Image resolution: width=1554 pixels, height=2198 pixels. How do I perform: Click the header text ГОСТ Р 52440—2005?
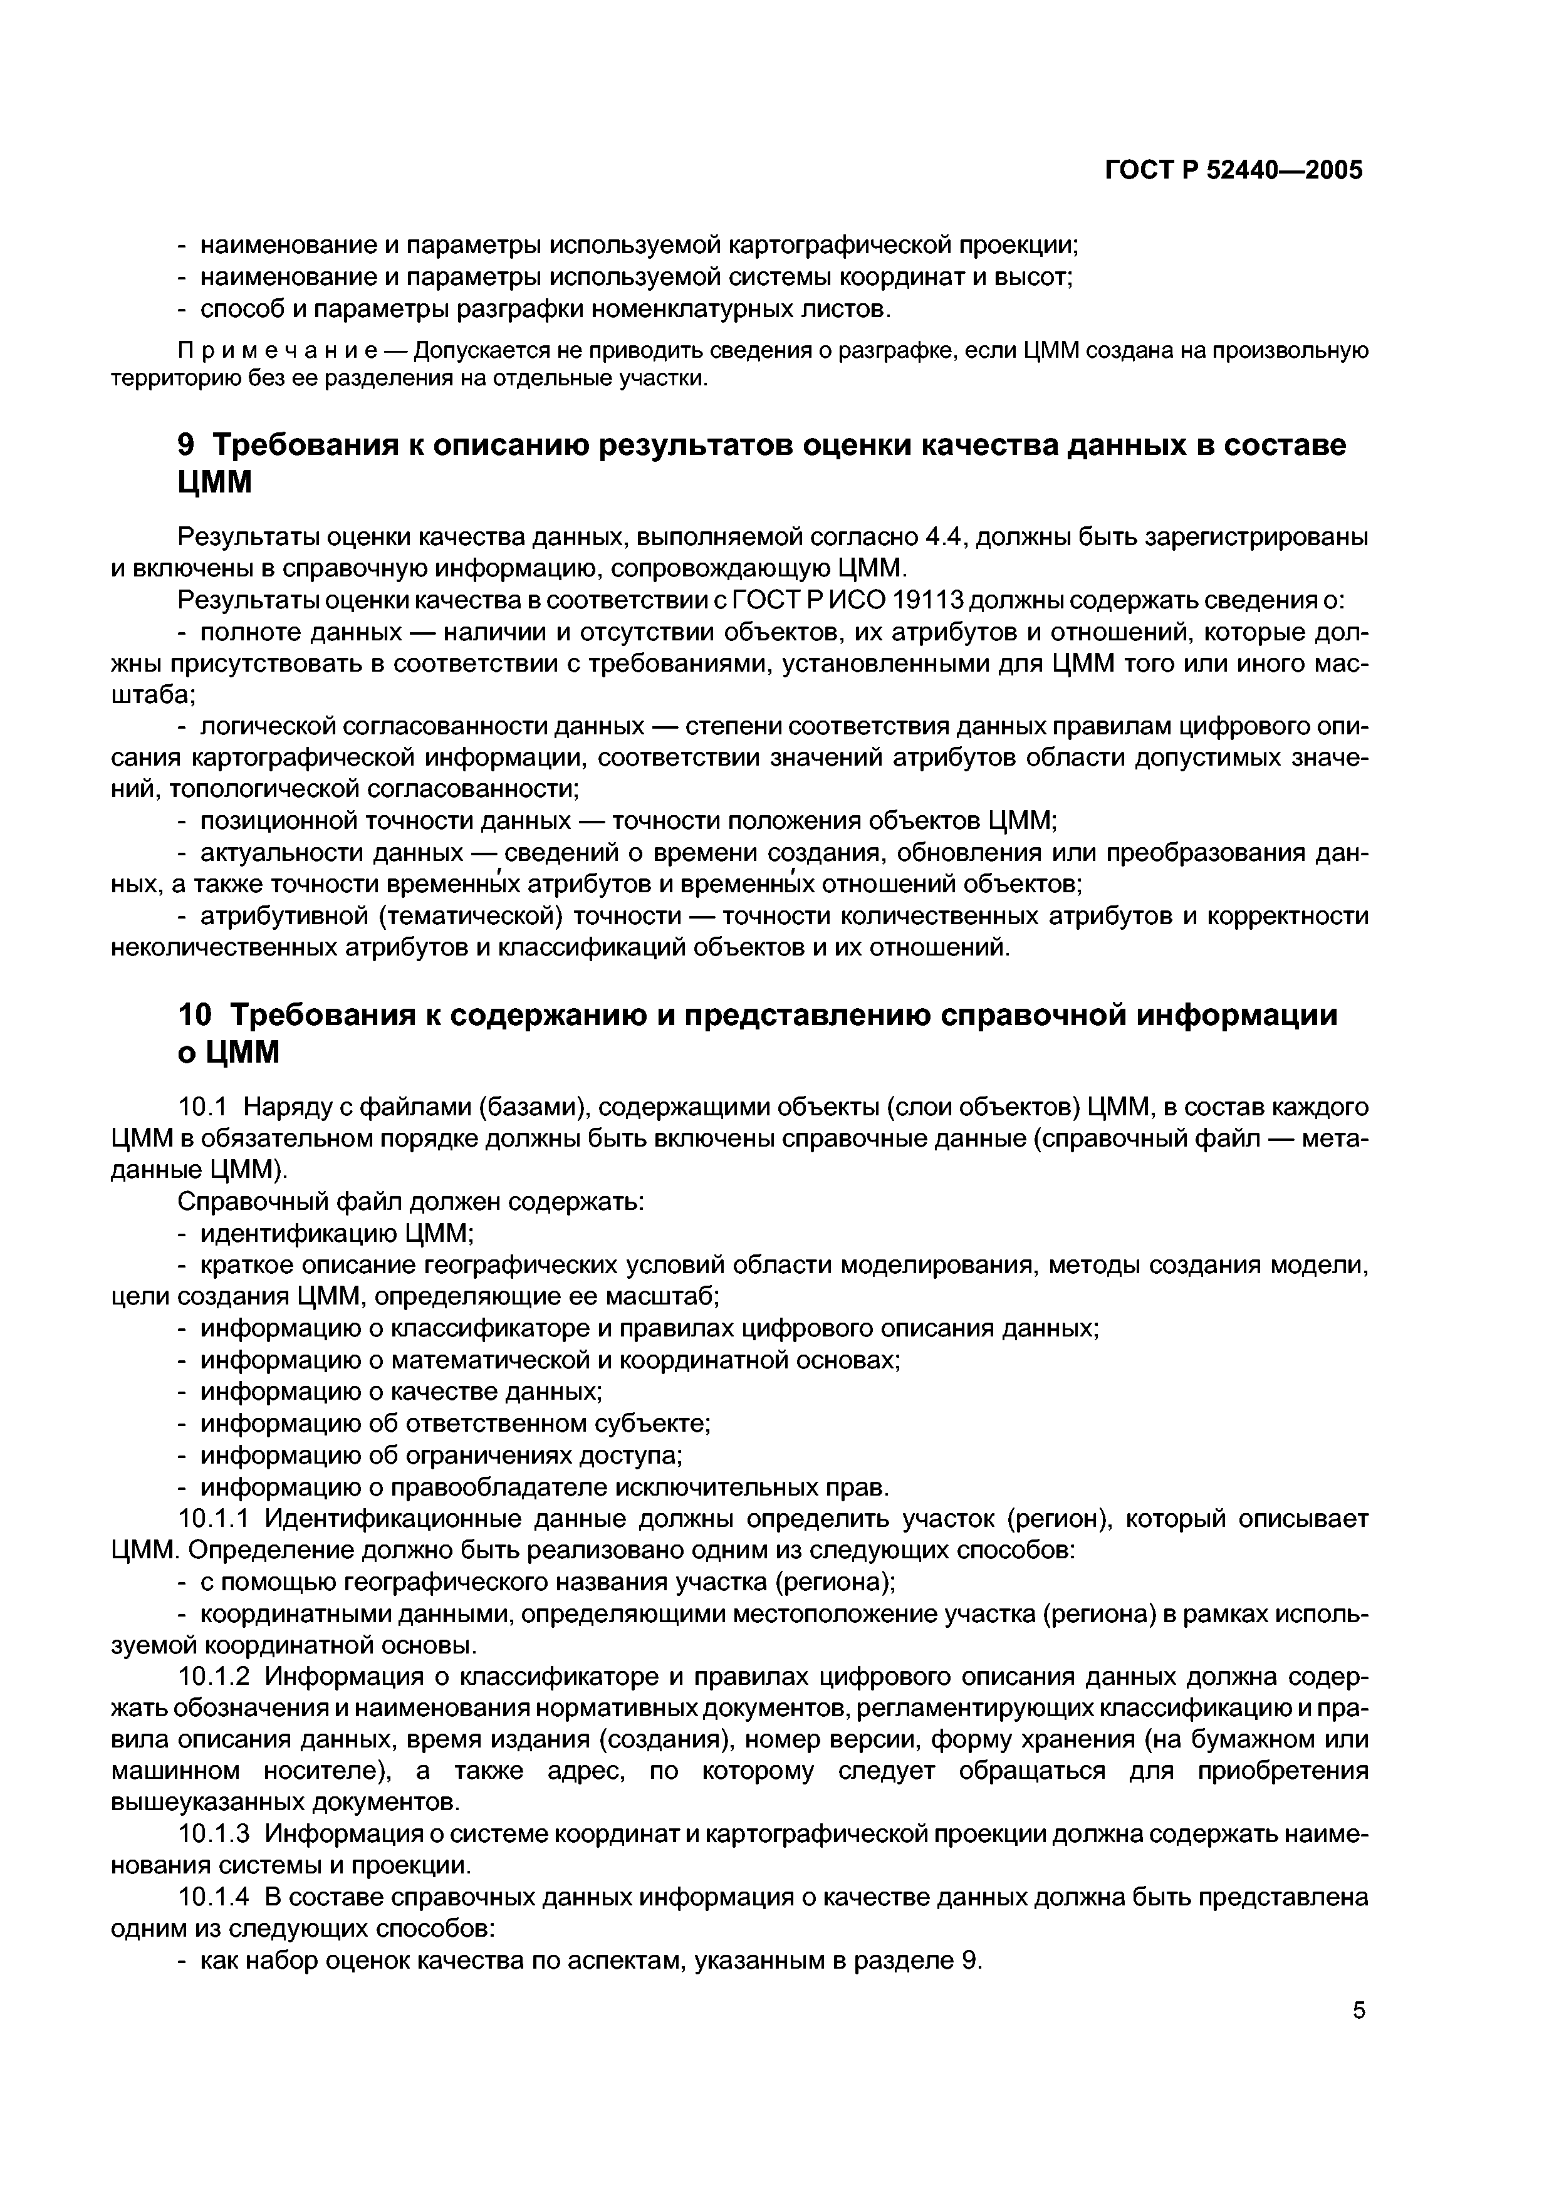(x=1233, y=171)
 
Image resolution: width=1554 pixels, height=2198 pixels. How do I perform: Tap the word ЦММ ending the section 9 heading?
(x=216, y=484)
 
